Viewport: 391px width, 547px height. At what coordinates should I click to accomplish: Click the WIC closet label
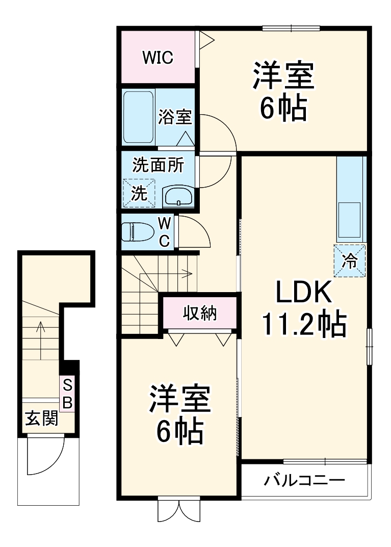(158, 58)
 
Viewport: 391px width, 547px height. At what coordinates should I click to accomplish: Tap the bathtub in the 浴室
(139, 117)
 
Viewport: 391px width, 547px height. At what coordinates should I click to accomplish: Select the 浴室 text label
(174, 117)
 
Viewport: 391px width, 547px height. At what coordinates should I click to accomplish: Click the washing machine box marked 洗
(139, 193)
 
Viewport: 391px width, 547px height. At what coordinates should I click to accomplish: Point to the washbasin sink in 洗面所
(178, 196)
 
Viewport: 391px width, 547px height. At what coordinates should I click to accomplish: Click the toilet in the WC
(138, 232)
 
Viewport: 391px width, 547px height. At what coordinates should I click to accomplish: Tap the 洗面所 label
(158, 165)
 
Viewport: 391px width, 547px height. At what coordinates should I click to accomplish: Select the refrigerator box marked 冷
(350, 261)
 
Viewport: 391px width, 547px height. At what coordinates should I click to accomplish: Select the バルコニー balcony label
(305, 480)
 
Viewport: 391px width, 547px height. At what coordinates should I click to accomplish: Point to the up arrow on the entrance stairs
(41, 331)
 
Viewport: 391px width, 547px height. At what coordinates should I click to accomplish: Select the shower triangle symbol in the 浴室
(185, 138)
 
